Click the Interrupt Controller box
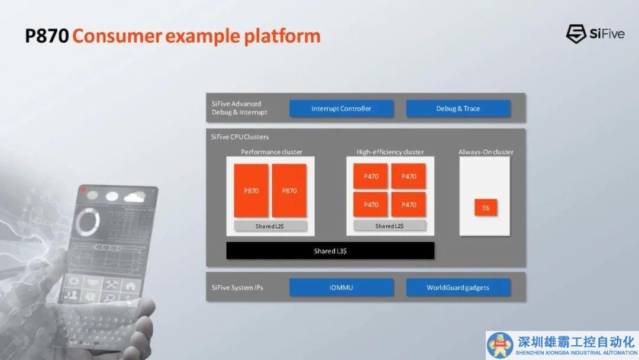point(341,108)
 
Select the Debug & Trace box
point(458,108)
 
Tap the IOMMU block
point(341,287)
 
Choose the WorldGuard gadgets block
point(458,287)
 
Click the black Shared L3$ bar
point(330,250)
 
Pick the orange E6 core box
point(486,207)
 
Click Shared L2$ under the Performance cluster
point(270,226)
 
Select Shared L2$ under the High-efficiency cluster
point(389,226)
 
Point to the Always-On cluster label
point(486,152)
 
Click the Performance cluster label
point(272,152)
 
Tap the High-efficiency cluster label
point(390,152)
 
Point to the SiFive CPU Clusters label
point(240,137)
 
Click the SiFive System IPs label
point(237,287)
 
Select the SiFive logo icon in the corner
point(576,33)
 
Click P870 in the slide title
point(47,36)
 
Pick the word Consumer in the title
point(117,36)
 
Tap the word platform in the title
point(282,36)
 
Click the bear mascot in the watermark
point(500,345)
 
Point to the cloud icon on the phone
point(135,197)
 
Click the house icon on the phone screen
point(130,286)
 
